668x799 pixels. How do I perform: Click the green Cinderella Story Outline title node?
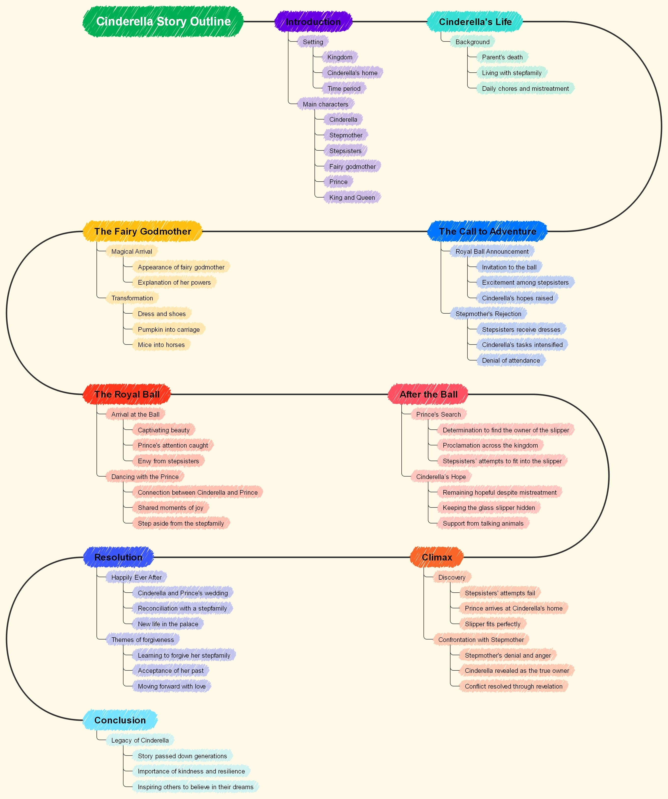[x=163, y=22]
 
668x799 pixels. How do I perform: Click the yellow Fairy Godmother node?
[x=142, y=231]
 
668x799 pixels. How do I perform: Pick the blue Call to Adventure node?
[x=487, y=231]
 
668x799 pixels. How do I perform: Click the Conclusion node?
[x=120, y=720]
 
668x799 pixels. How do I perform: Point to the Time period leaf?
[x=344, y=89]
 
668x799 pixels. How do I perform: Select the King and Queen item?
[x=352, y=198]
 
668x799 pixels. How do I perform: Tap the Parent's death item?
[x=502, y=57]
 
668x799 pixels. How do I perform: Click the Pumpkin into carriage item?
[x=169, y=330]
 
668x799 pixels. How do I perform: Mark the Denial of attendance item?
[x=511, y=360]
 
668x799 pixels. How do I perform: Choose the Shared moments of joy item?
[x=171, y=507]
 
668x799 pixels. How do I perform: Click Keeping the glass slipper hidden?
[x=489, y=507]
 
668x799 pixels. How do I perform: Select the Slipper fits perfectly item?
[x=492, y=624]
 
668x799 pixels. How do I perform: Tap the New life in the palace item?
[x=168, y=624]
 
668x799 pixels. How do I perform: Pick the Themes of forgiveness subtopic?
[x=142, y=639]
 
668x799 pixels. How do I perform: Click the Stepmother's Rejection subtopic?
[x=488, y=314]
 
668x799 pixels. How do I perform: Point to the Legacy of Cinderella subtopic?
[x=140, y=740]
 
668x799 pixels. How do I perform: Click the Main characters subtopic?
[x=326, y=104]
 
